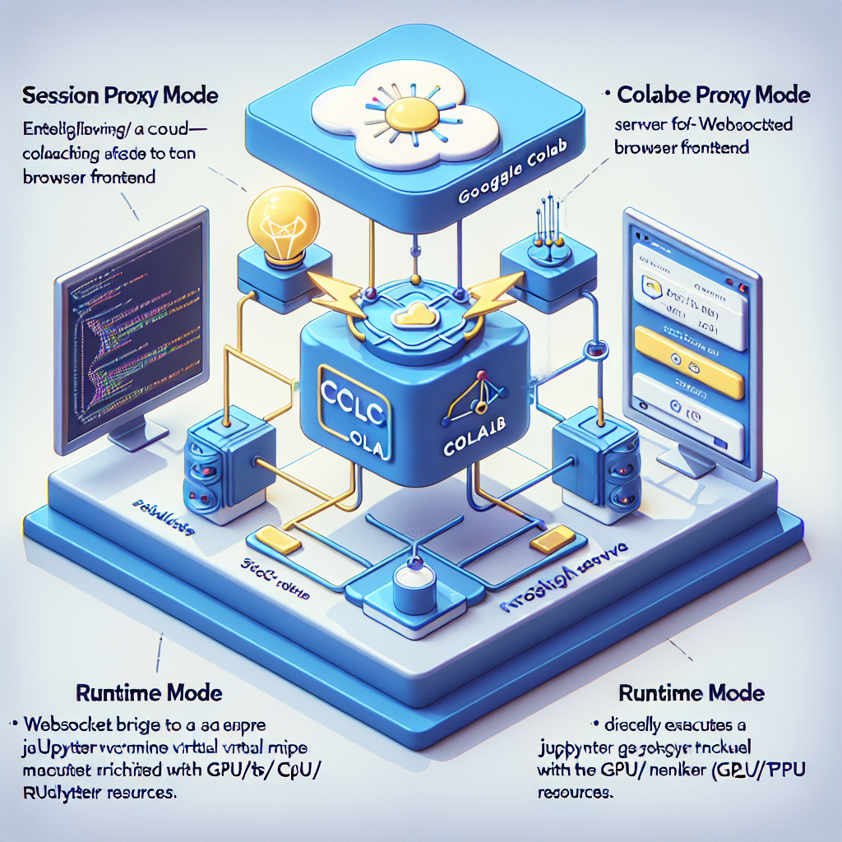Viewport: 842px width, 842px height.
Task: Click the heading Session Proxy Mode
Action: click(121, 95)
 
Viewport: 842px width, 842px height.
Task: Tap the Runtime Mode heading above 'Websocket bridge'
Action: click(149, 692)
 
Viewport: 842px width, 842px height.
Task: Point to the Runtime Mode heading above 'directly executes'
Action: click(692, 692)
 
